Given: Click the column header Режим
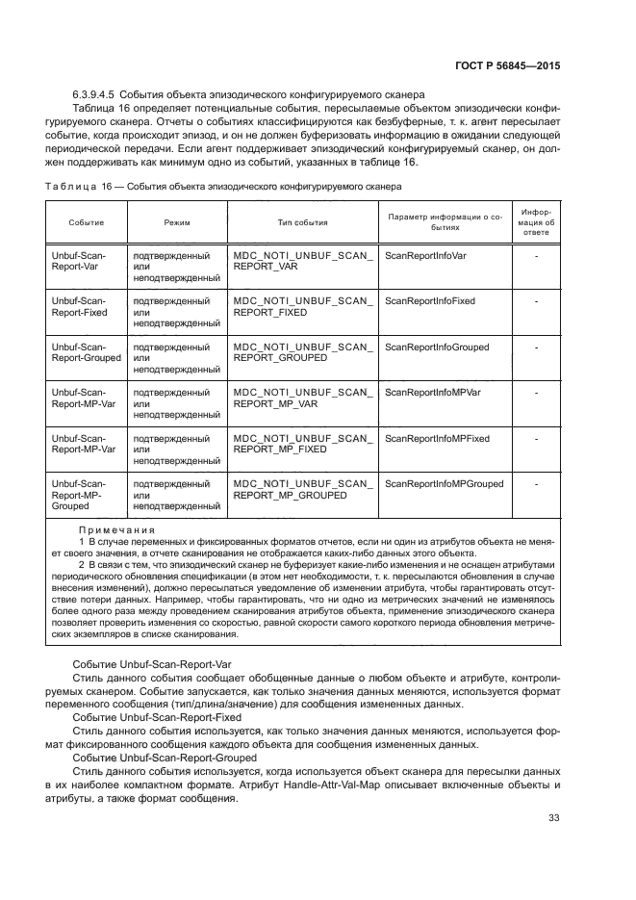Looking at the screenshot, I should tap(177, 222).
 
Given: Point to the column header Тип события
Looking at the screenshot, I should tap(302, 222).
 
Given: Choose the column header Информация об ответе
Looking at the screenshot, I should tap(536, 221).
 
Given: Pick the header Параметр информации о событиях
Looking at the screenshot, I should tap(445, 222).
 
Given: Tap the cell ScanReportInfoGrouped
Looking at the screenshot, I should tap(436, 347).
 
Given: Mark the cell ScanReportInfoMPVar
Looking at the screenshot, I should tap(432, 393).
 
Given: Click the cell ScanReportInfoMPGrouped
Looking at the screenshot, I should tap(444, 483).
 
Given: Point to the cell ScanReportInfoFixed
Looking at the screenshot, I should tap(429, 301).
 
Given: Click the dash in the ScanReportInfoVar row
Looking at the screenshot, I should tap(536, 256).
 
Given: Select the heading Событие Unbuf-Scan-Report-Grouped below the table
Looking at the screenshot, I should tap(165, 758).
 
